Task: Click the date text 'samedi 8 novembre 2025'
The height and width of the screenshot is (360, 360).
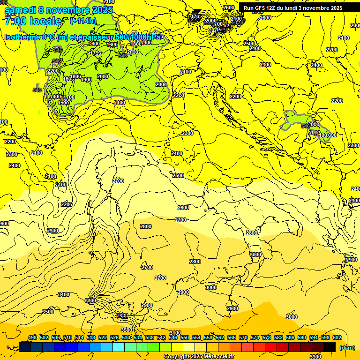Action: point(59,10)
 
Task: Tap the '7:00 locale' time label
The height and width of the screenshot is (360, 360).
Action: point(33,21)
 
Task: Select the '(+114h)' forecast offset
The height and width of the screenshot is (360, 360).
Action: point(82,21)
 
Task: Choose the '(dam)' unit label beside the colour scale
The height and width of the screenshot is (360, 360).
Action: point(347,347)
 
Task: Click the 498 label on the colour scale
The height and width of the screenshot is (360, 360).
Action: point(32,337)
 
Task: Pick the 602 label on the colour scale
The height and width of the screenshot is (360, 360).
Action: point(337,337)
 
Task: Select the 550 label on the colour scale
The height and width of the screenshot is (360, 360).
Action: point(185,337)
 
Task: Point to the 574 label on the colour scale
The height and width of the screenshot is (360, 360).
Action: point(255,337)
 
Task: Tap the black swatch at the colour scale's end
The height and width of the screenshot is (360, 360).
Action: point(330,347)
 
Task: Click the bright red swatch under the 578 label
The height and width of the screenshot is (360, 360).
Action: point(271,347)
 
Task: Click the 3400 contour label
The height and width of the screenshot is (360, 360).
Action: point(63,294)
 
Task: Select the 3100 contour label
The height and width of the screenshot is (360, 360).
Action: point(175,333)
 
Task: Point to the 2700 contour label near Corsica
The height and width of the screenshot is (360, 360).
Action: point(118,181)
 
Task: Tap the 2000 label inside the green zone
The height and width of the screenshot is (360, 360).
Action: point(103,76)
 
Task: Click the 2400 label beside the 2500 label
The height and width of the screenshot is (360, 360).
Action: point(255,49)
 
